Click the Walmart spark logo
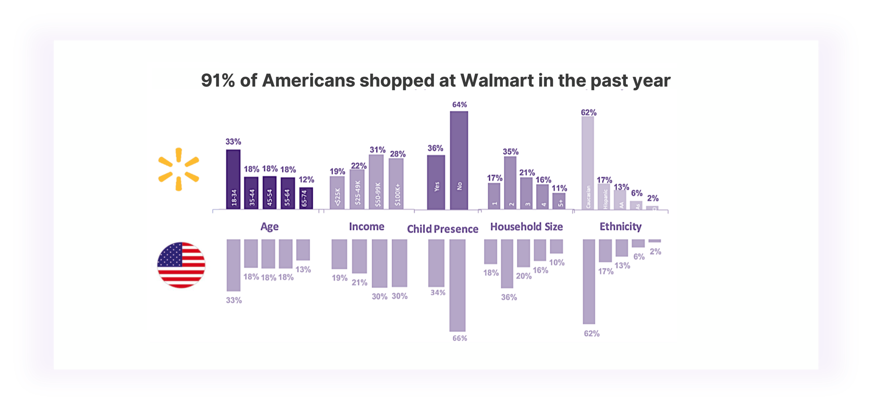tap(179, 170)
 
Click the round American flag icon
tap(181, 265)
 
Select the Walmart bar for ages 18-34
tap(233, 179)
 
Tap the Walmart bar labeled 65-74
tap(306, 198)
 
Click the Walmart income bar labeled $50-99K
tap(376, 182)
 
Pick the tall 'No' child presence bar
tap(459, 160)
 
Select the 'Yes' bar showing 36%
tap(436, 182)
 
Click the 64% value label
tap(459, 105)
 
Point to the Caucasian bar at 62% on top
tap(588, 162)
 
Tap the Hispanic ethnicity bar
tap(604, 196)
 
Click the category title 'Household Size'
tap(526, 227)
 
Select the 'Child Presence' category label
tap(442, 229)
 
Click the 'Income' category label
tap(366, 227)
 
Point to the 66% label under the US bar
tap(460, 338)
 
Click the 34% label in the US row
tap(438, 293)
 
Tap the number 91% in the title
tap(218, 81)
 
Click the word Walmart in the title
tap(497, 81)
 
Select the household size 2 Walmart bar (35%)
tap(510, 183)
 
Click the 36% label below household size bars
tap(509, 298)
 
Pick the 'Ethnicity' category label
tap(620, 227)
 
